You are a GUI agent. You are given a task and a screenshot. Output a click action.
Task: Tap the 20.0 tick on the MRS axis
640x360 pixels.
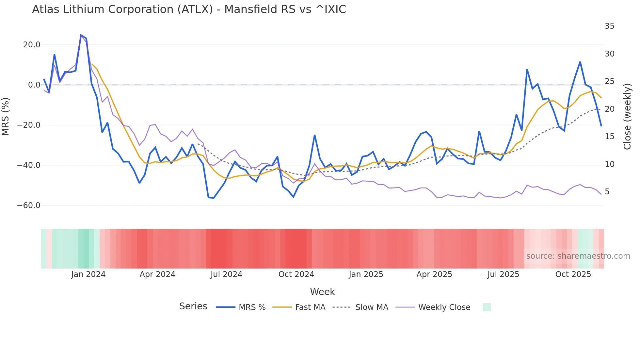[32, 45]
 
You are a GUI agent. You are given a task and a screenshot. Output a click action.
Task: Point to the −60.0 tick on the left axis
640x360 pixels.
[29, 205]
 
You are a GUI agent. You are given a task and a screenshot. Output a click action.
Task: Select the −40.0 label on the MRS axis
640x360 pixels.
[29, 165]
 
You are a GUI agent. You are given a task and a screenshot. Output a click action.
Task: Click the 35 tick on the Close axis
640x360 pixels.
[609, 26]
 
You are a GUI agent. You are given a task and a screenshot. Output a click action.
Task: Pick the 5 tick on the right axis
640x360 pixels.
[607, 192]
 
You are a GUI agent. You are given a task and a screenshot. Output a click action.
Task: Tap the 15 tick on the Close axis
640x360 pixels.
[609, 137]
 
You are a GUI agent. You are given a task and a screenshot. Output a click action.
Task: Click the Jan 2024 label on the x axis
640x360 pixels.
[88, 274]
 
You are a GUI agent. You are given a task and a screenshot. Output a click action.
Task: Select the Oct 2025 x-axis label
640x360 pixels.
[573, 274]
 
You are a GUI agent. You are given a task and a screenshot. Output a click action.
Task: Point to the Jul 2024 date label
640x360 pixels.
[226, 274]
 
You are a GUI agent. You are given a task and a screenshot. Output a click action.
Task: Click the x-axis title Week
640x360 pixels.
[322, 292]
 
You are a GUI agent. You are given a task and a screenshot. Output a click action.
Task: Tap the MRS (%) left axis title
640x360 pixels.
[6, 116]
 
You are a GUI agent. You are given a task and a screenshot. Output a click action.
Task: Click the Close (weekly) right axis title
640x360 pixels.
[627, 117]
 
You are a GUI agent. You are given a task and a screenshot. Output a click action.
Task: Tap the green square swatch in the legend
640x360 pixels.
[487, 307]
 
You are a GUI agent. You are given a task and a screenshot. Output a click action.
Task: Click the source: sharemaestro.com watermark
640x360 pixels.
[578, 256]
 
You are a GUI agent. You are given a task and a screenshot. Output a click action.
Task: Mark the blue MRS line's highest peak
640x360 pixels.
[81, 35]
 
